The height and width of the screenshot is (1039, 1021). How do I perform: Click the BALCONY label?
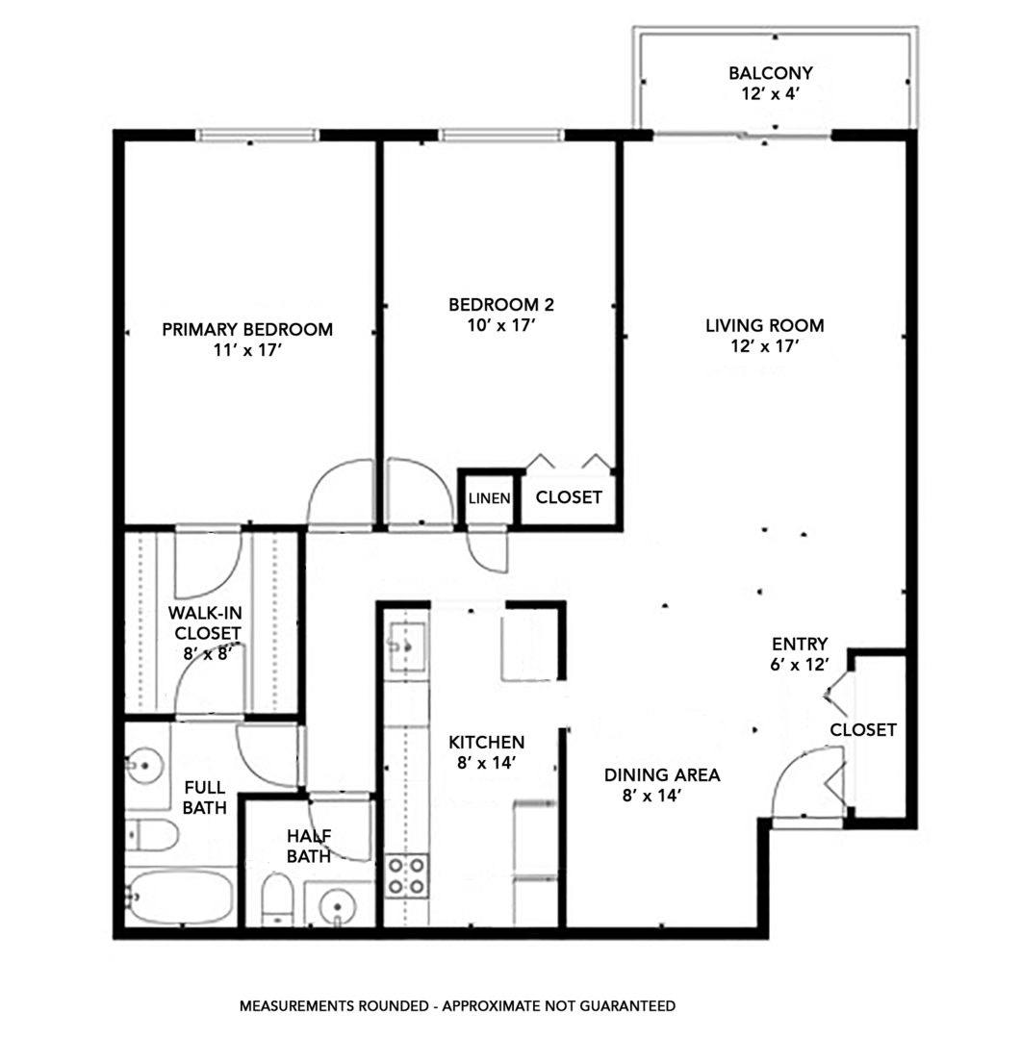pyautogui.click(x=771, y=73)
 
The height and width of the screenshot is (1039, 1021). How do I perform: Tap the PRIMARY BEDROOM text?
pyautogui.click(x=247, y=330)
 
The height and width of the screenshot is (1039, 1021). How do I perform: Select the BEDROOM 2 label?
pyautogui.click(x=501, y=305)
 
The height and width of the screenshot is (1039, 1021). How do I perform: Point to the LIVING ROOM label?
pyautogui.click(x=765, y=325)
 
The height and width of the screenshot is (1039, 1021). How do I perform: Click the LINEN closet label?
pyautogui.click(x=489, y=498)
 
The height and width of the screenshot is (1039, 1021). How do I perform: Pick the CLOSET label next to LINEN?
pyautogui.click(x=569, y=497)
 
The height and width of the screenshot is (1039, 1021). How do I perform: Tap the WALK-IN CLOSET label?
pyautogui.click(x=204, y=622)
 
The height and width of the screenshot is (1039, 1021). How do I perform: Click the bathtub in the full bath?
pyautogui.click(x=180, y=898)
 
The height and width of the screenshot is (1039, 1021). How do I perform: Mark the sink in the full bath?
pyautogui.click(x=144, y=767)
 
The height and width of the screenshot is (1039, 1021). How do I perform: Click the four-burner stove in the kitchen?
pyautogui.click(x=407, y=875)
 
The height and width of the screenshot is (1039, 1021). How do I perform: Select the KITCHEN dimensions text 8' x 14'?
pyautogui.click(x=487, y=763)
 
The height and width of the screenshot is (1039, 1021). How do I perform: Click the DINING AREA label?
pyautogui.click(x=662, y=774)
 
